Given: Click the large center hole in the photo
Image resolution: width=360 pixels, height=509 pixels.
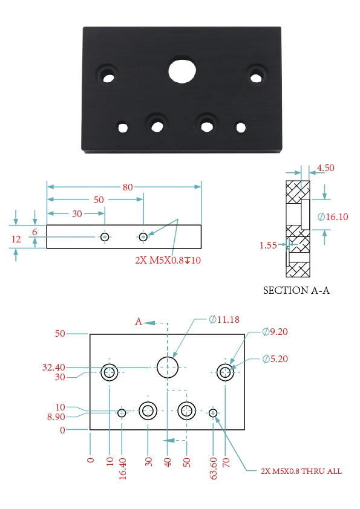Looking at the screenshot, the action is coord(182,71).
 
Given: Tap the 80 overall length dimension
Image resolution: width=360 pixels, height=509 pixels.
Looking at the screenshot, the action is coord(128,187).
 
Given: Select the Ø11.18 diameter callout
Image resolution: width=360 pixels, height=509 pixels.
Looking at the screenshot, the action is coord(224,319).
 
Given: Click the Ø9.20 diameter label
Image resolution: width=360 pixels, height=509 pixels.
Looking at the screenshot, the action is coord(275,331).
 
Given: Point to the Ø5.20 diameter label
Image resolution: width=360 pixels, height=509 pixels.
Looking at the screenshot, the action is coord(275,358).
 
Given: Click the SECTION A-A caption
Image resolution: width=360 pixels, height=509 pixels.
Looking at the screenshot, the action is coord(296,290).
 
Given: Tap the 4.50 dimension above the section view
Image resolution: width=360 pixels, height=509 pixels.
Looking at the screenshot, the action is coord(326,168).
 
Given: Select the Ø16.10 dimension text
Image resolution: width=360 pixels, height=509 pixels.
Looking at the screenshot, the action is coord(333,216).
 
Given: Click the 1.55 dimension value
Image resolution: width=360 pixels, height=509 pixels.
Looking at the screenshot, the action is coord(268,245).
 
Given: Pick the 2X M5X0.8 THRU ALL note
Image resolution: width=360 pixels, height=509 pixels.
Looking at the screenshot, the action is coord(301,471).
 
